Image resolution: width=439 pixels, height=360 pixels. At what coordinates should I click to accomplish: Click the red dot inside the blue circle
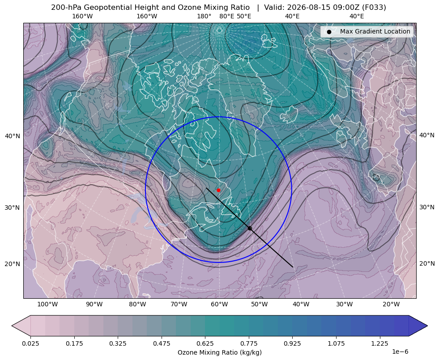(x=218, y=190)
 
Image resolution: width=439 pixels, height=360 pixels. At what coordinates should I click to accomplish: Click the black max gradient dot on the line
(x=250, y=228)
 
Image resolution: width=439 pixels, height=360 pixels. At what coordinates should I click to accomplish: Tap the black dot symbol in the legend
(x=329, y=32)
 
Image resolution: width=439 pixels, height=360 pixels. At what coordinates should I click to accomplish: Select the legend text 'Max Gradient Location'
(x=375, y=31)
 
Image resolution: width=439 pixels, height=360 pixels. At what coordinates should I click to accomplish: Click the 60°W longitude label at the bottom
(x=219, y=304)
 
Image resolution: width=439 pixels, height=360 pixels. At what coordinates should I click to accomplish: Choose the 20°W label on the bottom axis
(x=391, y=304)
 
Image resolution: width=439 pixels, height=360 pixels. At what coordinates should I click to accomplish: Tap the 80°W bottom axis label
(x=137, y=304)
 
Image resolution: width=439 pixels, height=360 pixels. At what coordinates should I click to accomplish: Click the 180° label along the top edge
(x=204, y=16)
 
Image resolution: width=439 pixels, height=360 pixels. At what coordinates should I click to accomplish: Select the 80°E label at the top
(x=226, y=16)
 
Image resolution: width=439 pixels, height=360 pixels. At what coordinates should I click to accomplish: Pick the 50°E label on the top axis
(x=244, y=16)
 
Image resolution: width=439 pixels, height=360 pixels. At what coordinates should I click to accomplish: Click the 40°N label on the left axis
(x=13, y=136)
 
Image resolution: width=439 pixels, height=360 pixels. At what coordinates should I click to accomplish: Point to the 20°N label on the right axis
(x=427, y=263)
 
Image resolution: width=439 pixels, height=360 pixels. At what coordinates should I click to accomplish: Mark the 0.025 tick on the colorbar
(x=30, y=343)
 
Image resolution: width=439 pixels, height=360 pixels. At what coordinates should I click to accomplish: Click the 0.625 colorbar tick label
(x=205, y=343)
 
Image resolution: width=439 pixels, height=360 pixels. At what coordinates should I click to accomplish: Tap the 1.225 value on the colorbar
(x=379, y=343)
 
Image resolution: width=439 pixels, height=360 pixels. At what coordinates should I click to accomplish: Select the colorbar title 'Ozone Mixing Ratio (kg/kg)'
(x=220, y=352)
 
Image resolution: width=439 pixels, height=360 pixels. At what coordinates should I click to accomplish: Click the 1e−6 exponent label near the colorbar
(x=400, y=352)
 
